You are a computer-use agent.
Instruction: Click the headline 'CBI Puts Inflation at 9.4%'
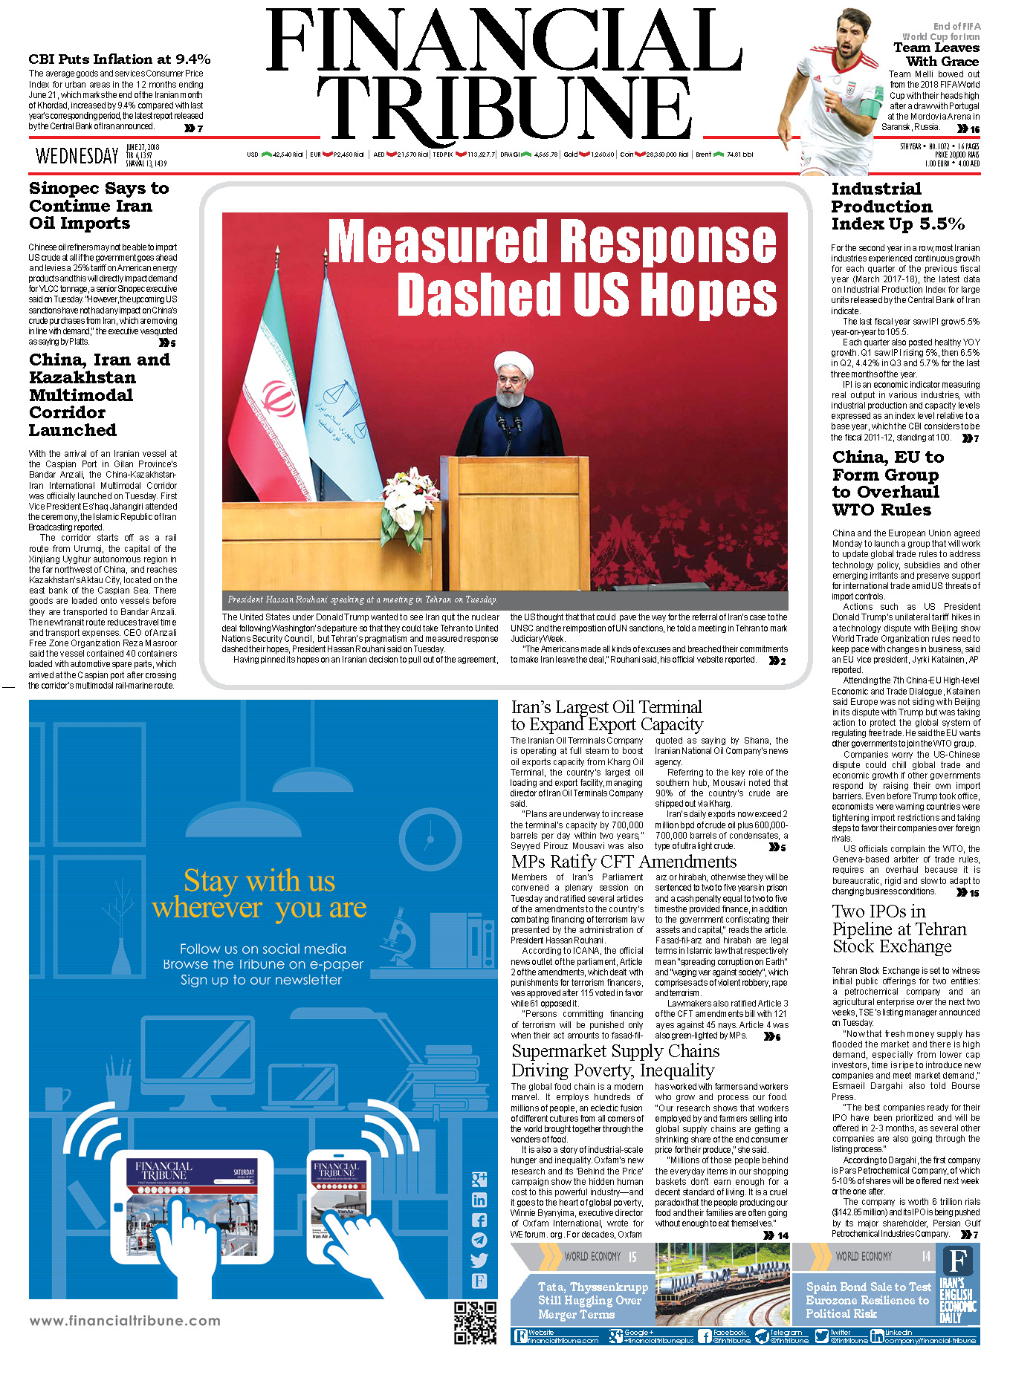pyautogui.click(x=119, y=59)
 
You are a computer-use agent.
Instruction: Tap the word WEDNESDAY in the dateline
pyautogui.click(x=77, y=156)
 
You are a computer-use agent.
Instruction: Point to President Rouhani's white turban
pyautogui.click(x=514, y=365)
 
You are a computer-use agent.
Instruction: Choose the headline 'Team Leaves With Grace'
pyautogui.click(x=936, y=54)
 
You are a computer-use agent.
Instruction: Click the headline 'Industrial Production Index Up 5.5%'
pyautogui.click(x=897, y=207)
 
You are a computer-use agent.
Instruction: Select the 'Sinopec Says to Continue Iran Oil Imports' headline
pyautogui.click(x=98, y=206)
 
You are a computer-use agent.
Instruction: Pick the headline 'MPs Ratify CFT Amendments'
pyautogui.click(x=624, y=862)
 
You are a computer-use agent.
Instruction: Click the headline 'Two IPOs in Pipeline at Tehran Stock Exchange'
pyautogui.click(x=899, y=929)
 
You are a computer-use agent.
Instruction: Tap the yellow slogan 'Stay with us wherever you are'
pyautogui.click(x=259, y=894)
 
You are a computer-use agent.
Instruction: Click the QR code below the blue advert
pyautogui.click(x=475, y=1323)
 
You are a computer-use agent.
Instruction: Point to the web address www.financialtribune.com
pyautogui.click(x=125, y=1321)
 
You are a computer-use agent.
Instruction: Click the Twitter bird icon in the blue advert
pyautogui.click(x=479, y=1260)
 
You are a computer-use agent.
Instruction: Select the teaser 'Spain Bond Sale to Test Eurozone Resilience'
pyautogui.click(x=867, y=1300)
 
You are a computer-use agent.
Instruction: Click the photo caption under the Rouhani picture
pyautogui.click(x=362, y=599)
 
